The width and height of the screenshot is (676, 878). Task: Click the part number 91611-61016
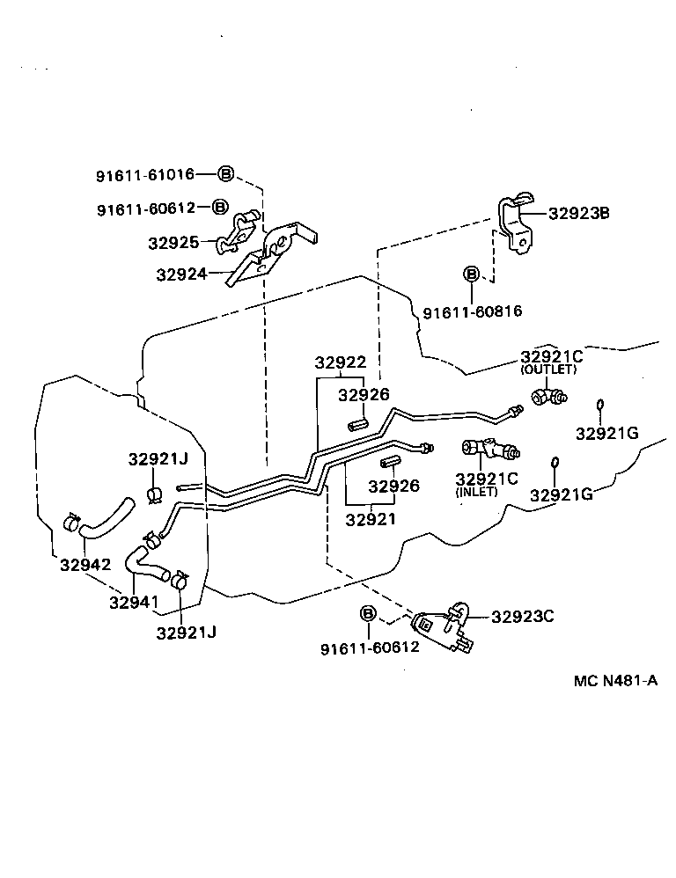tap(144, 176)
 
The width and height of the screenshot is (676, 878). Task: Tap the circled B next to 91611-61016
tap(225, 174)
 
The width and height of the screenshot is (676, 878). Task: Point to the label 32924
tap(180, 274)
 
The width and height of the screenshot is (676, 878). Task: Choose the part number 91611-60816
tap(472, 312)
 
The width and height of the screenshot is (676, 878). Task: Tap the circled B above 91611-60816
tap(472, 274)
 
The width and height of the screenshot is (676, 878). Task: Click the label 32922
tap(342, 363)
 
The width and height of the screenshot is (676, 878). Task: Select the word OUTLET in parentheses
tap(548, 370)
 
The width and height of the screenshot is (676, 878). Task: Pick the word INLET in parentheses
tap(476, 492)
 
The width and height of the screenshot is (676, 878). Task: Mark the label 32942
tap(85, 564)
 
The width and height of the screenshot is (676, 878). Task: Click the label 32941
tap(134, 603)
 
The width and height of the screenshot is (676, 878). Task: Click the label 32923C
tap(522, 616)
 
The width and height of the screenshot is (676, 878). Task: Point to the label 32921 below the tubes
tap(370, 519)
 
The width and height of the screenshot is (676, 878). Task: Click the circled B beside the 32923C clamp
tap(368, 614)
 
